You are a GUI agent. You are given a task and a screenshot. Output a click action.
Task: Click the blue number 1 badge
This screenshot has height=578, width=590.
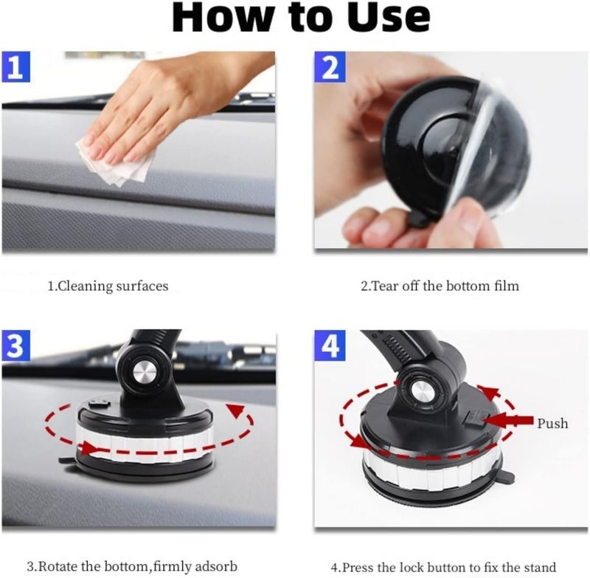[17, 68]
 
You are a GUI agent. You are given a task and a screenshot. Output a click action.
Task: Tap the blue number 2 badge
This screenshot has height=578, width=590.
[330, 68]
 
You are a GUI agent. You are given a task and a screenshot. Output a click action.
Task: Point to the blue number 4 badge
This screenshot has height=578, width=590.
[330, 346]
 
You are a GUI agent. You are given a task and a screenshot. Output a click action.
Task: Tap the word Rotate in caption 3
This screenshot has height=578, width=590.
[58, 567]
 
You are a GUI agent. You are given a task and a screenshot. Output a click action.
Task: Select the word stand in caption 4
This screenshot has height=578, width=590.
[541, 567]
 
